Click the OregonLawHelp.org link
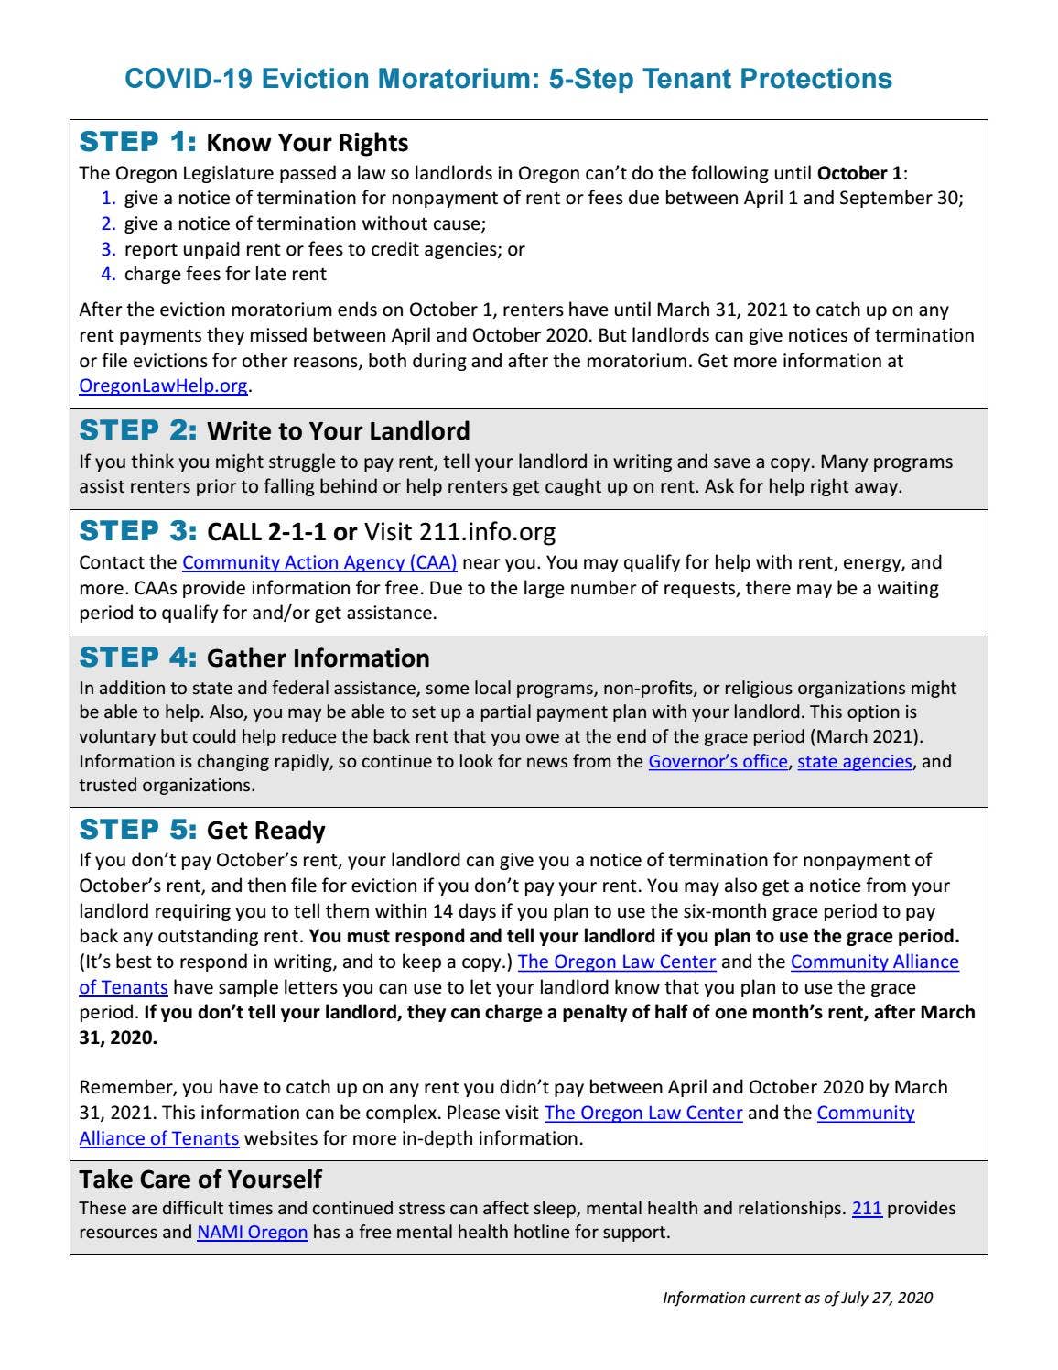coord(163,386)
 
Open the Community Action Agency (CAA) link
coord(319,562)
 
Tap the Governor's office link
coord(718,761)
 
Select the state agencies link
coord(855,761)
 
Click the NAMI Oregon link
coord(253,1232)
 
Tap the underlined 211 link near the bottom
coord(867,1208)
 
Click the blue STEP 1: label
coord(138,142)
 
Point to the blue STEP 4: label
coord(138,658)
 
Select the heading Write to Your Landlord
coord(339,431)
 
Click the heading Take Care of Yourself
coord(200,1179)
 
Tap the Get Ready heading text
coord(266,831)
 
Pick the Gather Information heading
coord(318,658)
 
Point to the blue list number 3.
coord(108,249)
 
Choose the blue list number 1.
coord(108,198)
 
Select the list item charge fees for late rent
coord(225,274)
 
